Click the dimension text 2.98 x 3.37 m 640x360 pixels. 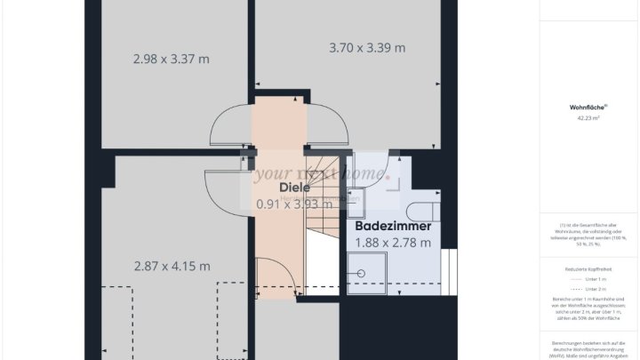172,60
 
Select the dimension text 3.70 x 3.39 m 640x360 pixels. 367,48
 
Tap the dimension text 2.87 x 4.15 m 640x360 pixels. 172,266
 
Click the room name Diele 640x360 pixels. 294,188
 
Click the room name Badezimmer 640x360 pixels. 393,227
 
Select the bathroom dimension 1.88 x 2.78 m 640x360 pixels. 393,242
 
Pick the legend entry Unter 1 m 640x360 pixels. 590,278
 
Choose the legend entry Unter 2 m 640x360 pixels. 590,290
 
